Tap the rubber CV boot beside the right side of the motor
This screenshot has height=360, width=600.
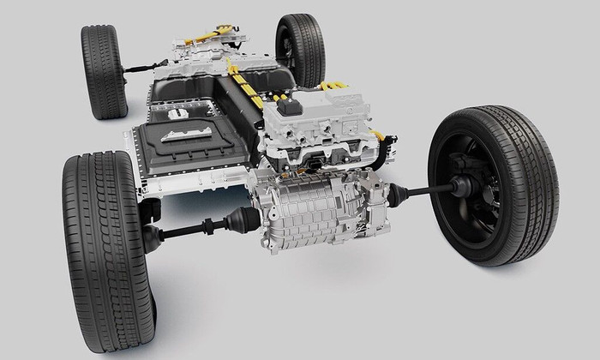click(399, 195)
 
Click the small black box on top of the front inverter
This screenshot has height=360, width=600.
click(289, 106)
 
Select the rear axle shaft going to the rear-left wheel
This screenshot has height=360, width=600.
click(142, 66)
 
